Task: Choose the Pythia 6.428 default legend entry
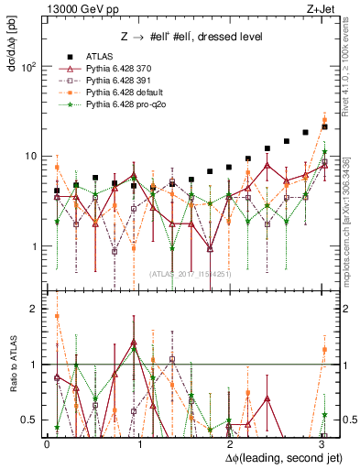tap(122, 93)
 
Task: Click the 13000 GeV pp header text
tap(78, 7)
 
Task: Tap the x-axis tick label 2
tap(230, 442)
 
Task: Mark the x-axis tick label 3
tap(321, 442)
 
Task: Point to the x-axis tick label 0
tap(48, 442)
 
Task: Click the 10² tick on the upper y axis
tap(30, 67)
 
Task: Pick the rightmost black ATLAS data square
tap(324, 126)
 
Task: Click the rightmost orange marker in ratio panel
tap(324, 350)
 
